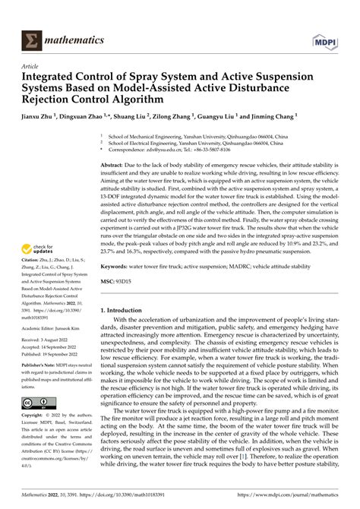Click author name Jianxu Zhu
coord(38,119)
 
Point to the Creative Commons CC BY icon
coord(36,403)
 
